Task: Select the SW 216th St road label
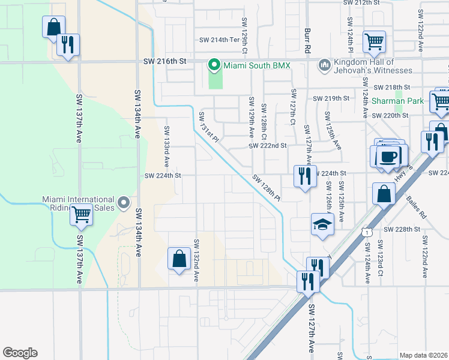(x=166, y=62)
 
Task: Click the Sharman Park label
(x=397, y=101)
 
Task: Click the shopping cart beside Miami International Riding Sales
(x=82, y=214)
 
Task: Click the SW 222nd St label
(x=268, y=146)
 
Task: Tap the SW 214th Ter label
(x=220, y=40)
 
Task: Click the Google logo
(x=20, y=353)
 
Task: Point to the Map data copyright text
(x=423, y=355)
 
